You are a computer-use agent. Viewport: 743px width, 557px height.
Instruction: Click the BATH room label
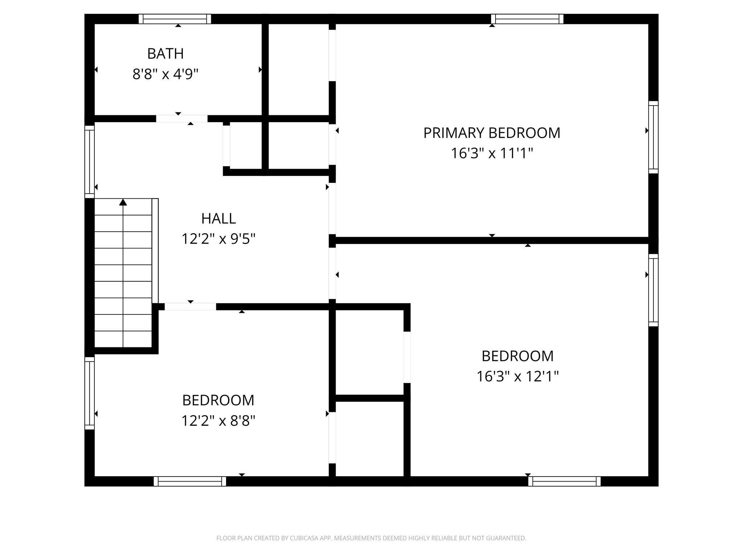pyautogui.click(x=165, y=54)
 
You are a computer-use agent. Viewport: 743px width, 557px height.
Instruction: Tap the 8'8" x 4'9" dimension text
pyautogui.click(x=165, y=74)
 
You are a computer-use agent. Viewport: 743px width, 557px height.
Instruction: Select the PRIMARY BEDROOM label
pyautogui.click(x=492, y=133)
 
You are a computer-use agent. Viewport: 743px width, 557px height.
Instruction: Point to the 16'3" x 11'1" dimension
pyautogui.click(x=492, y=153)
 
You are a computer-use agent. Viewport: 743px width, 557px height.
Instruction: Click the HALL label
pyautogui.click(x=218, y=219)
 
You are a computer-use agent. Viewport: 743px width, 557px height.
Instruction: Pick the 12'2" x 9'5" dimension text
pyautogui.click(x=218, y=239)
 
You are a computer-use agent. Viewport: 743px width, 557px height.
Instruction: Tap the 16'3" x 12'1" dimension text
pyautogui.click(x=517, y=376)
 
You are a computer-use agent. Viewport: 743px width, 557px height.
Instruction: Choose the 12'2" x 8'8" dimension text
pyautogui.click(x=218, y=421)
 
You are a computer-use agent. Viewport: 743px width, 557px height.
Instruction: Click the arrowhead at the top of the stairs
pyautogui.click(x=123, y=202)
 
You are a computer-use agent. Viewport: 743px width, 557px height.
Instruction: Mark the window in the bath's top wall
pyautogui.click(x=175, y=19)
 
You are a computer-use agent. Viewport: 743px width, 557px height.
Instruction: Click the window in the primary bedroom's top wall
pyautogui.click(x=527, y=19)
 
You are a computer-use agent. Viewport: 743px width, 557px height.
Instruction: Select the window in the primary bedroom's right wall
pyautogui.click(x=653, y=137)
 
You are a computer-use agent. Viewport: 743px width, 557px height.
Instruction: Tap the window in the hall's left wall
pyautogui.click(x=90, y=162)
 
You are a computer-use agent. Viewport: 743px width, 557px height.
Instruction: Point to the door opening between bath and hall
pyautogui.click(x=182, y=119)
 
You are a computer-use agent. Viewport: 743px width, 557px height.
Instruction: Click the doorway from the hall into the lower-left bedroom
pyautogui.click(x=190, y=307)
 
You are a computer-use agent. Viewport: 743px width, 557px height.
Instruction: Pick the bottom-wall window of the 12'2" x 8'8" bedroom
pyautogui.click(x=190, y=481)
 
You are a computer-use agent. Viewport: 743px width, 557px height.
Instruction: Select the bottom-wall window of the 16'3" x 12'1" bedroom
pyautogui.click(x=564, y=481)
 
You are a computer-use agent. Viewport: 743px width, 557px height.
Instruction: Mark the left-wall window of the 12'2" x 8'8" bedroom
pyautogui.click(x=90, y=393)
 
